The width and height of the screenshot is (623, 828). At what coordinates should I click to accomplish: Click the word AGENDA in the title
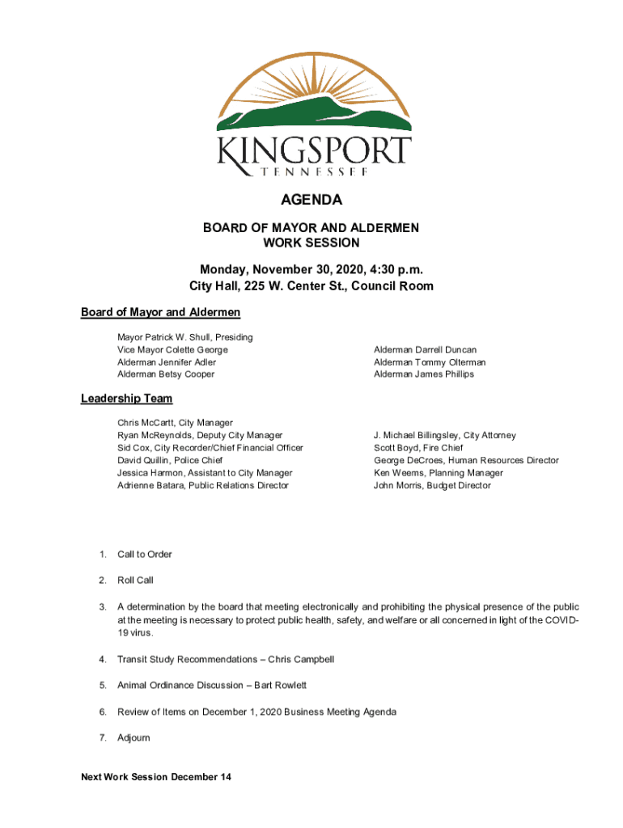[311, 200]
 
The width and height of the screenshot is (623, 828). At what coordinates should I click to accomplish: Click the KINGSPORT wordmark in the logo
[314, 154]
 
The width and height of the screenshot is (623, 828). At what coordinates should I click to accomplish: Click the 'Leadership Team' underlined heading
[126, 399]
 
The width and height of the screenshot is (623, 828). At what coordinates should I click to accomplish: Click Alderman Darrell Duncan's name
[425, 350]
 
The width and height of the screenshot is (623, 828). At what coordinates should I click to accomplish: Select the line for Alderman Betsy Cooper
[166, 374]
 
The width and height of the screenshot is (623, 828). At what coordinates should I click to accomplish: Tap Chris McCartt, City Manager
[175, 423]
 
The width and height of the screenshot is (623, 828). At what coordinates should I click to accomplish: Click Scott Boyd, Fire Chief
[417, 448]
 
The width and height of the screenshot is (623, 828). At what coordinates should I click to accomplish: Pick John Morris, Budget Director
[432, 486]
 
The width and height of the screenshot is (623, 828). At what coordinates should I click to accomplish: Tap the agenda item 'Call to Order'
[145, 555]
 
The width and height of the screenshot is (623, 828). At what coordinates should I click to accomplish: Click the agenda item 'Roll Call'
[135, 581]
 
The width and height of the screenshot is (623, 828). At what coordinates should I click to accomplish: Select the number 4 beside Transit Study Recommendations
[103, 660]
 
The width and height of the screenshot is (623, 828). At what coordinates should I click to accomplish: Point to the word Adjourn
[133, 738]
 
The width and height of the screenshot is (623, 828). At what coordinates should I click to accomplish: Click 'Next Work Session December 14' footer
[156, 777]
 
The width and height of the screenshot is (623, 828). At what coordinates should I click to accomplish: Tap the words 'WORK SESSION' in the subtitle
[311, 243]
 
